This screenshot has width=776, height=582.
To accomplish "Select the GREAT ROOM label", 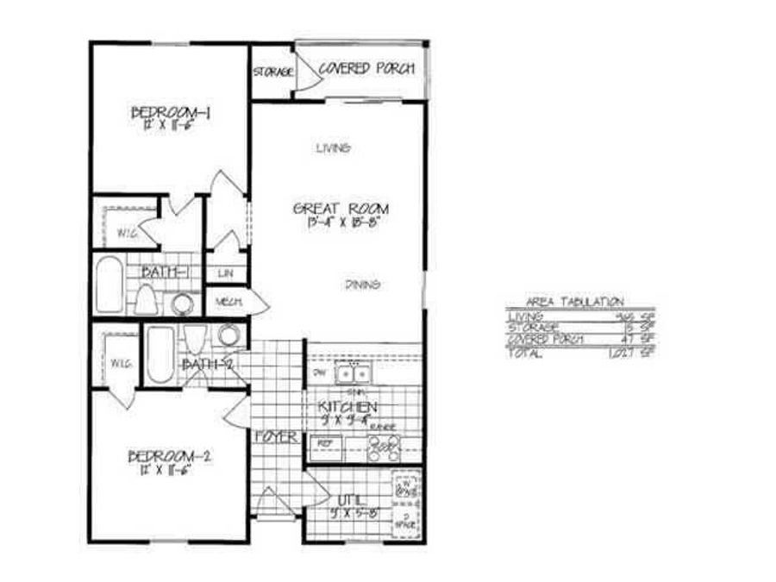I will pyautogui.click(x=341, y=209).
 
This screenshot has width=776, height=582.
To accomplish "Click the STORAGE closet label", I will pyautogui.click(x=272, y=72).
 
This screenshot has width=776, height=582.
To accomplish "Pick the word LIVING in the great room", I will pyautogui.click(x=332, y=148).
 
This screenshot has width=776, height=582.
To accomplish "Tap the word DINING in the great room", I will pyautogui.click(x=364, y=285).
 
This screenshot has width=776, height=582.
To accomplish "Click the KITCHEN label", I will pyautogui.click(x=347, y=405).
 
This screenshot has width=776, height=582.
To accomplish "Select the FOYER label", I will pyautogui.click(x=276, y=437).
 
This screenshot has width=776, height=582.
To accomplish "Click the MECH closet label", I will pyautogui.click(x=226, y=302).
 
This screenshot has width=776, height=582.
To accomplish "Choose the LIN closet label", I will pyautogui.click(x=226, y=273).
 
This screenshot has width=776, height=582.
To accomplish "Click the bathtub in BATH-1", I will pyautogui.click(x=110, y=285).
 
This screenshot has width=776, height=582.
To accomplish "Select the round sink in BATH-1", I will pyautogui.click(x=183, y=303).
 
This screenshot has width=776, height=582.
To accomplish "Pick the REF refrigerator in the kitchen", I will pyautogui.click(x=326, y=443).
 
